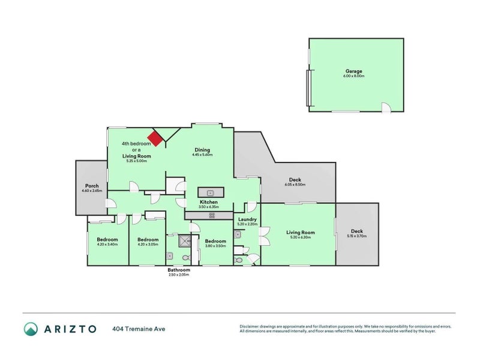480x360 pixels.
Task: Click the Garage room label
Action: point(353,71)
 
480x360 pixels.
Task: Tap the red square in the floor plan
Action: point(156,139)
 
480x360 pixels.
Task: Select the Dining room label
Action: point(203,150)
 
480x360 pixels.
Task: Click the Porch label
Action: point(92,185)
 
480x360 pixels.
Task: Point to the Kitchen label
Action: point(209,202)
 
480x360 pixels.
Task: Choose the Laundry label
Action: point(247,219)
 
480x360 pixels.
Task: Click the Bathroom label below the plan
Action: point(179,270)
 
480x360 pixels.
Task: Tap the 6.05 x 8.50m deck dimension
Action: point(295,185)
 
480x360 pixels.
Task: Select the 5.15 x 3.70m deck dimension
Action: point(357,236)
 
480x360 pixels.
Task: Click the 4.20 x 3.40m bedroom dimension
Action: point(107,244)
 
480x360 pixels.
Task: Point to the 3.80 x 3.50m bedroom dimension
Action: point(215,245)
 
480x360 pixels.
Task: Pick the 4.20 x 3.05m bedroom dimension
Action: point(148,244)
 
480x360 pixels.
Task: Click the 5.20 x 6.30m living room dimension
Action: point(301,237)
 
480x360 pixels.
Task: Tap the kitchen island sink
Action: point(211,193)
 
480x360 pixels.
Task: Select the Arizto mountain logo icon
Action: point(31,328)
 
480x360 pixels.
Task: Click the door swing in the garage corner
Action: point(387,107)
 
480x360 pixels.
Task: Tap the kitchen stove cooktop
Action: point(211,215)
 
